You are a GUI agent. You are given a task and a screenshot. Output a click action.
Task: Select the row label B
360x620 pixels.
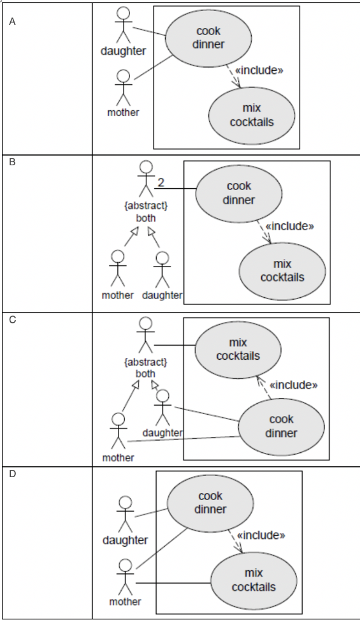[12, 162]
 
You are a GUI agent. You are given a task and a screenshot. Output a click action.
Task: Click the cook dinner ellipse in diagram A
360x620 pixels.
[208, 38]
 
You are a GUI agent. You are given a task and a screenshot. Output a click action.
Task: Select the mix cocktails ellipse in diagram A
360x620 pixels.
[252, 115]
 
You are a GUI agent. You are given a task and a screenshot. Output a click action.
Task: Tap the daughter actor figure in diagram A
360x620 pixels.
[123, 24]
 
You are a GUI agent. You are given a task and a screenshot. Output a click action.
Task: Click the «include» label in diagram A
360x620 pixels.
[259, 70]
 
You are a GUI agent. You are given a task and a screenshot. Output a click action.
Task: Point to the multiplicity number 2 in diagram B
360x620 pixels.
[161, 182]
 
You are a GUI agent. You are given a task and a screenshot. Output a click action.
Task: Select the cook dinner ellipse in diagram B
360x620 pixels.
[238, 193]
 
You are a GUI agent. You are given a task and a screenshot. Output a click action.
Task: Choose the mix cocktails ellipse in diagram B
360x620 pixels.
[282, 271]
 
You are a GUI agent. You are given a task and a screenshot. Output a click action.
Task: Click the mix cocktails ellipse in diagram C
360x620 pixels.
[238, 350]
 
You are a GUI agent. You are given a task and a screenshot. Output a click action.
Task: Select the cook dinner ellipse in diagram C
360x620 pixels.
[281, 427]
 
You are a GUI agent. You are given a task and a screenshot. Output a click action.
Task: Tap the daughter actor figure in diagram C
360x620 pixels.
[162, 407]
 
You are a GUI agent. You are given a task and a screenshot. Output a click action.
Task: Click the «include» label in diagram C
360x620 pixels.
[293, 385]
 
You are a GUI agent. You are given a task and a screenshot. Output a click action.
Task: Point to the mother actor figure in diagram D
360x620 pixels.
[125, 576]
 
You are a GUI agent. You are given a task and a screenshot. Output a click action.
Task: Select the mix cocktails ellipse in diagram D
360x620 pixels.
[254, 580]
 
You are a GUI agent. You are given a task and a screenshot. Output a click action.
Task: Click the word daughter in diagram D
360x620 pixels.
[125, 539]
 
